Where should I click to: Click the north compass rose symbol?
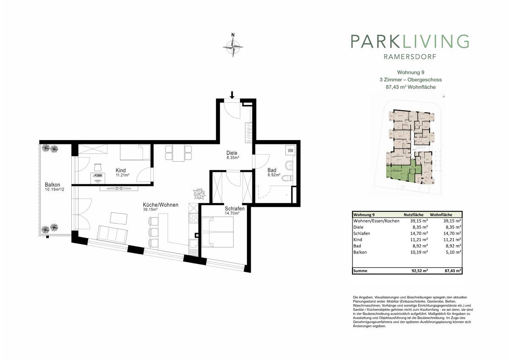coord(233,47)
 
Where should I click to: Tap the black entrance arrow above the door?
coord(232,95)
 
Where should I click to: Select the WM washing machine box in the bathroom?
coord(291,151)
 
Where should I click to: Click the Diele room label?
coord(232,153)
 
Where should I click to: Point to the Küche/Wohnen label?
coord(160,205)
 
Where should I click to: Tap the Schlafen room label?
coord(235,208)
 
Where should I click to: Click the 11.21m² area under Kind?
coord(123,175)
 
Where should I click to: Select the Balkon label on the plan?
coord(53,185)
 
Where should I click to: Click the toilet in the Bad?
coord(287,178)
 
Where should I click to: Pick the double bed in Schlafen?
coord(218,232)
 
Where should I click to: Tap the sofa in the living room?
coord(112,235)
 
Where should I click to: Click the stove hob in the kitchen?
coord(193,218)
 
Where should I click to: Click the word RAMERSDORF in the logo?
coord(410,56)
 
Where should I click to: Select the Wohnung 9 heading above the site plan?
coord(411,72)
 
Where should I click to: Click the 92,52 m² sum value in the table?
coord(420,271)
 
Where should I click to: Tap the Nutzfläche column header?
coord(414,215)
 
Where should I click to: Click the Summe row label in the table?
coord(360,271)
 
